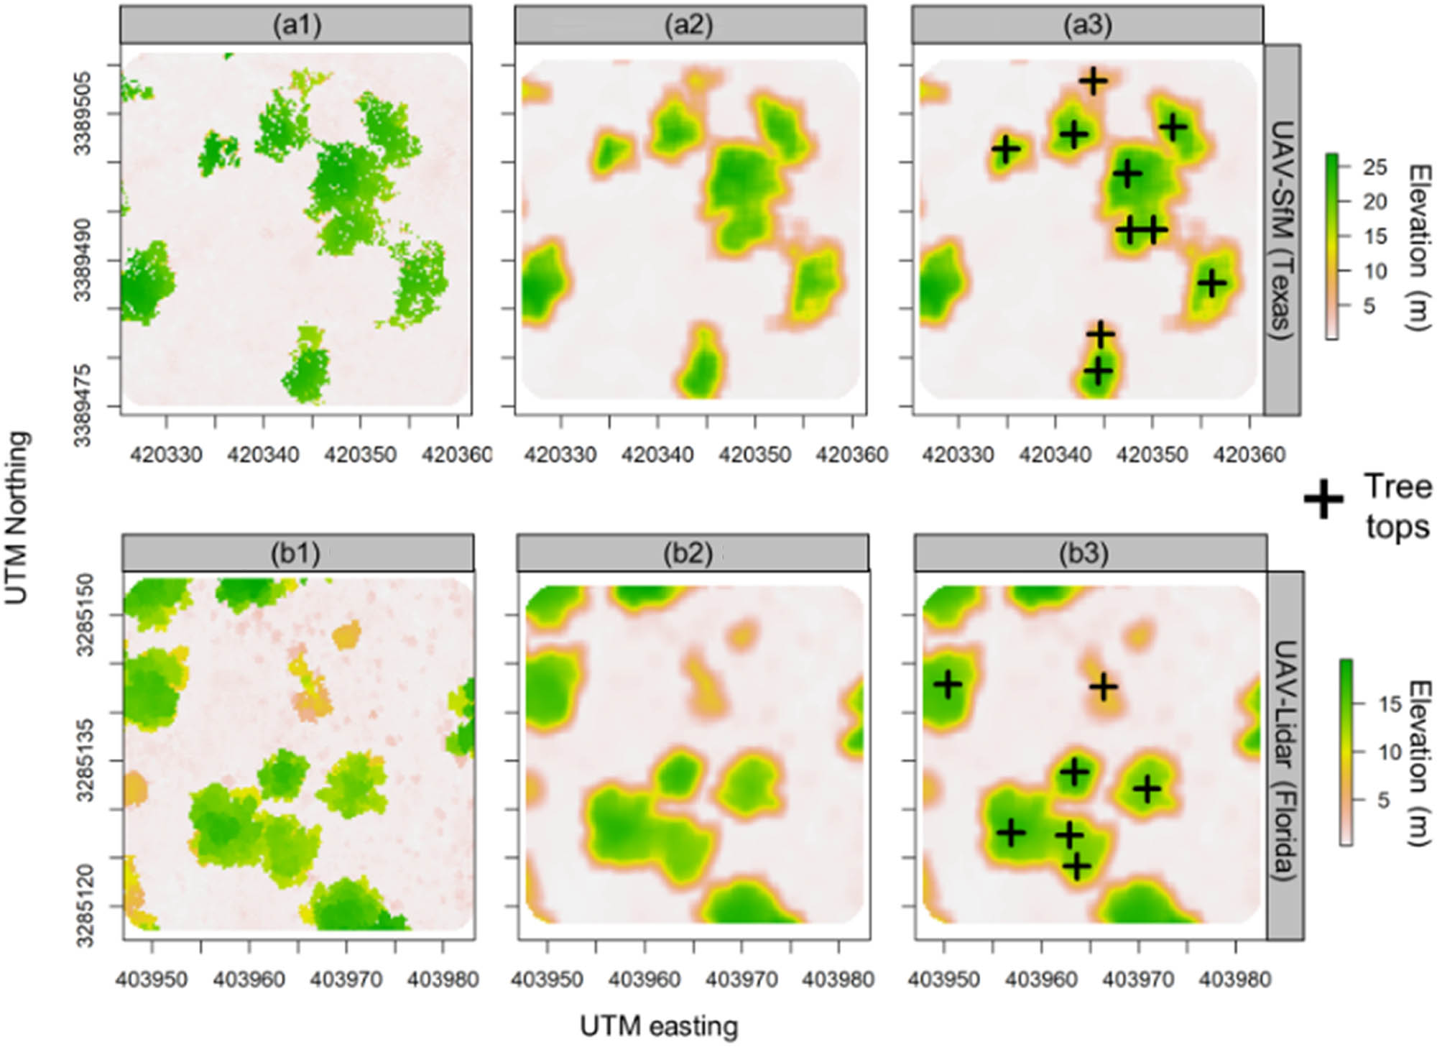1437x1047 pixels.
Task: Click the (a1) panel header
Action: [x=296, y=25]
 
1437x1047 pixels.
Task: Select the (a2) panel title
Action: [x=690, y=25]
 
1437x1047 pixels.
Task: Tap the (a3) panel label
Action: [x=1086, y=25]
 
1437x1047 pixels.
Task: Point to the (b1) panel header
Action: [x=297, y=553]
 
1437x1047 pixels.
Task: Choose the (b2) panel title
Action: [x=693, y=553]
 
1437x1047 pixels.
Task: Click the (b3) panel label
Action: [x=1089, y=553]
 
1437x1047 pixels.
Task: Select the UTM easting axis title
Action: [x=658, y=1026]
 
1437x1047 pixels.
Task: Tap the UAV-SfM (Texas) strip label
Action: [x=1282, y=230]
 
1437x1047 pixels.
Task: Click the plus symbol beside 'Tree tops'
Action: [x=1323, y=499]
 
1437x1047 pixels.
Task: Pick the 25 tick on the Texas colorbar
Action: [x=1374, y=167]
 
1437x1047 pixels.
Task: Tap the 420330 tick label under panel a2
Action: [x=560, y=455]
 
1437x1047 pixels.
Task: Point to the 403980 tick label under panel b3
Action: [x=1235, y=979]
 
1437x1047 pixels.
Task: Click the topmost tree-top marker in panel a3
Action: [x=1094, y=80]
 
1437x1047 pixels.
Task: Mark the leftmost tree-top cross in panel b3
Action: [x=948, y=685]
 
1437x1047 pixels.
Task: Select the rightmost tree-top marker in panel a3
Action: [x=1212, y=283]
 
